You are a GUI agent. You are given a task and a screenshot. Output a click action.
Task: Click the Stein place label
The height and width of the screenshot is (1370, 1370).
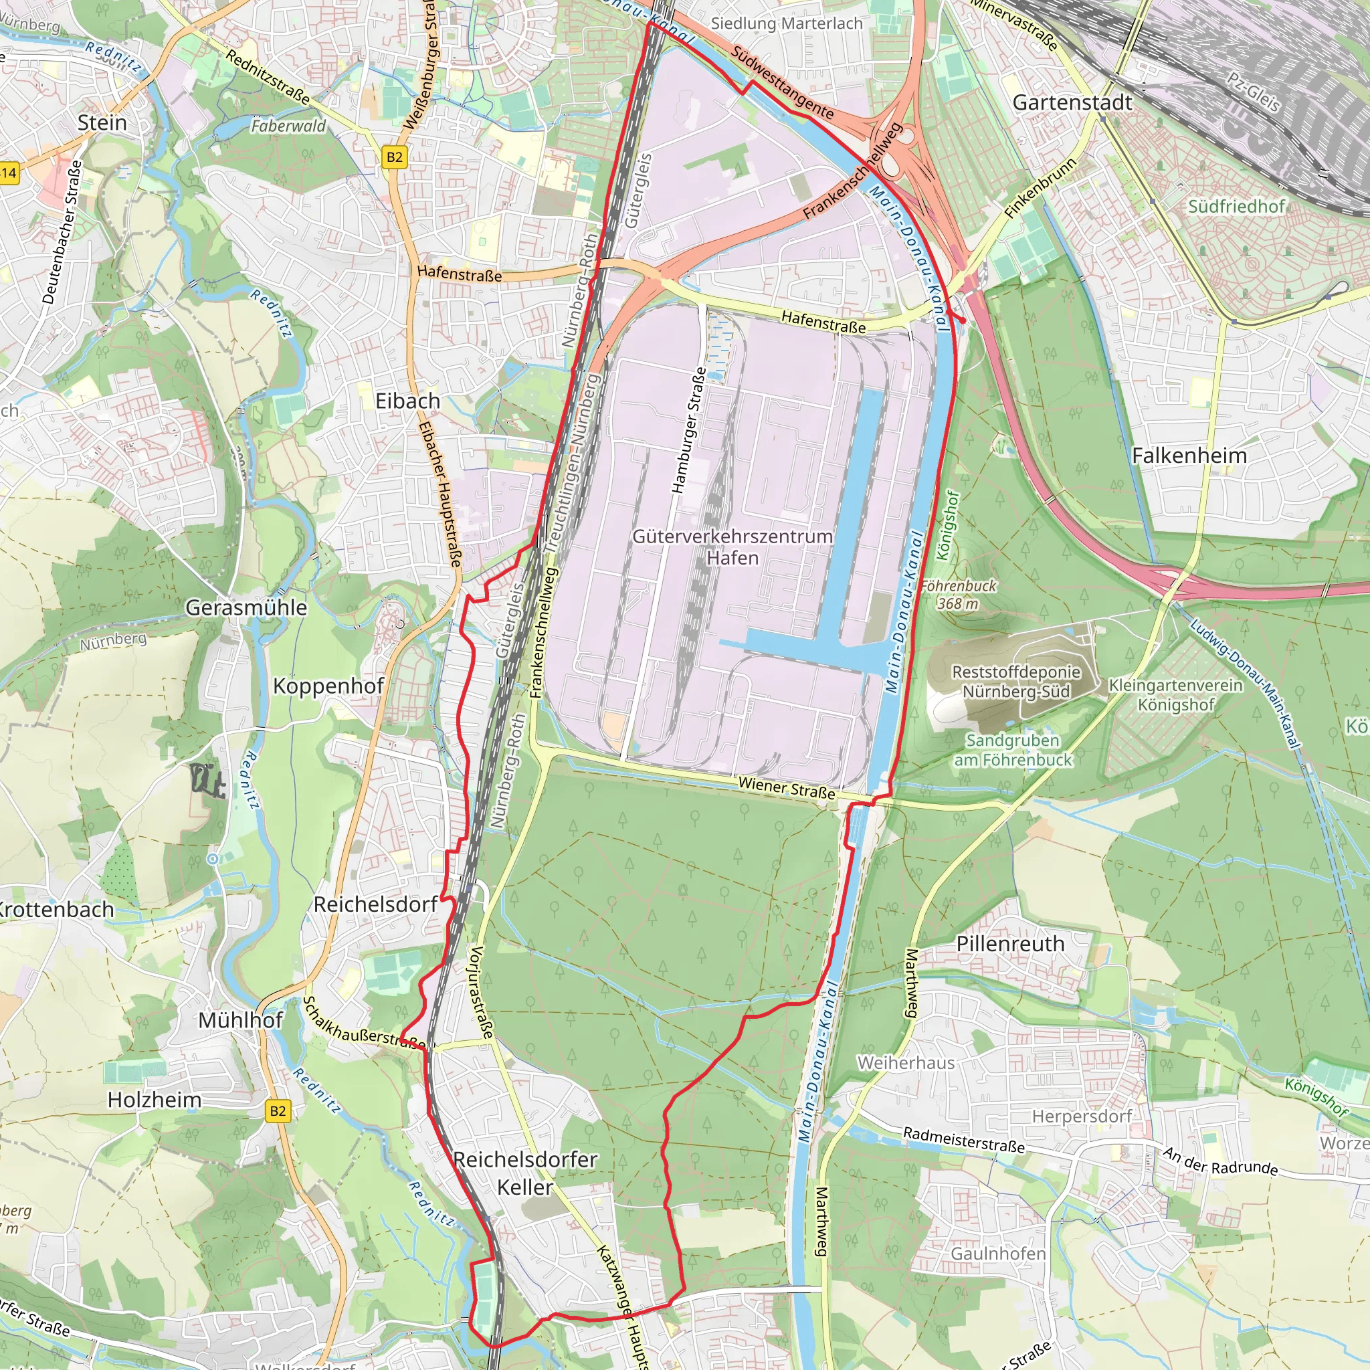(x=102, y=122)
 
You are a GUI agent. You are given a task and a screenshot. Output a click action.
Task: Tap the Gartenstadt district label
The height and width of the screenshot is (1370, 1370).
(x=1072, y=103)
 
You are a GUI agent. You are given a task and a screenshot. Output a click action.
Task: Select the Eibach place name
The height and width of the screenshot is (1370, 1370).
(x=408, y=401)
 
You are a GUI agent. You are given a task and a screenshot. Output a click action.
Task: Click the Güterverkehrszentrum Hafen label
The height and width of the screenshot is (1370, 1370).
(x=732, y=547)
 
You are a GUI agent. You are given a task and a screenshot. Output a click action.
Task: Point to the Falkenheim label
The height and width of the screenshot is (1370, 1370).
(x=1189, y=456)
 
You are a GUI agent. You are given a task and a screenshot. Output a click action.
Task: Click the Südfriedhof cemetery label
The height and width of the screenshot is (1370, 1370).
(x=1237, y=206)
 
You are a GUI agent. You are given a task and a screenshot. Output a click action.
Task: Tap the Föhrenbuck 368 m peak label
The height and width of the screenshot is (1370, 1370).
(x=958, y=595)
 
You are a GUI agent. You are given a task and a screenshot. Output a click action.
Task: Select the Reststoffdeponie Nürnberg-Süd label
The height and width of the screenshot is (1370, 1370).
(x=1016, y=682)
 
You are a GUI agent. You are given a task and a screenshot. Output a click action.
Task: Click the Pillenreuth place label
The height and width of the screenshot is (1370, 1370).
(x=1011, y=944)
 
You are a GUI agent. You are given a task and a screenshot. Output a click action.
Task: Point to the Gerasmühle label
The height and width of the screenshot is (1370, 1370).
(x=246, y=607)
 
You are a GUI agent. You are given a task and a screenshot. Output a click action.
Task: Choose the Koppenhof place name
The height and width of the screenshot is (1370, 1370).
(x=328, y=686)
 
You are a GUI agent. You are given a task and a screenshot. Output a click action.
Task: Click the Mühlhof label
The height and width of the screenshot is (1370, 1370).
(x=240, y=1020)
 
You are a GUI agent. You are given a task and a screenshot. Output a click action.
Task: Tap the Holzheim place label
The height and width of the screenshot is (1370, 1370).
(x=155, y=1100)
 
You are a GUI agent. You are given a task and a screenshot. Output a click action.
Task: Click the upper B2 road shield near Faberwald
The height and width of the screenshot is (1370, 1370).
(x=395, y=157)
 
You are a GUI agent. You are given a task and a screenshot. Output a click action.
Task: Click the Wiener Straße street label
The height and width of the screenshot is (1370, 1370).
(x=787, y=788)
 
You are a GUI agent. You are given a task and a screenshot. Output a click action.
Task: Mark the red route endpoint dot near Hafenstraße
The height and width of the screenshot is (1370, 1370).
(x=962, y=320)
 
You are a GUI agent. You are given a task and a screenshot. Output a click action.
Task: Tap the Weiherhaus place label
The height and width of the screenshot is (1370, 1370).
(x=906, y=1063)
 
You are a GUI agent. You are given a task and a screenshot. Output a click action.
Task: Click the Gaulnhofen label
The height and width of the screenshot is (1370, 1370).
(x=999, y=1254)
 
